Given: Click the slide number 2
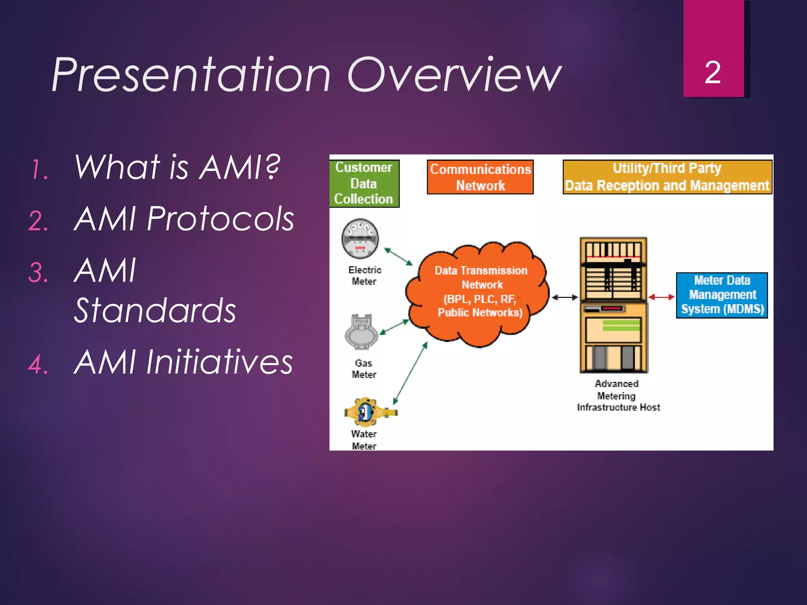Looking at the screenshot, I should tap(712, 72).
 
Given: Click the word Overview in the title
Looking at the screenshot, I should tap(454, 75).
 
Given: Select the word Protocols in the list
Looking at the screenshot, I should tap(220, 219).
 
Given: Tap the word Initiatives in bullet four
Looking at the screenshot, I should tap(219, 362).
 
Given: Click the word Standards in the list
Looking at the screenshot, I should tap(154, 310).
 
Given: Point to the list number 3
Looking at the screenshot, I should tap(38, 272).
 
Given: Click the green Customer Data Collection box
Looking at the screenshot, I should tap(364, 183).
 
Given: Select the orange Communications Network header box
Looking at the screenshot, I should tap(480, 177).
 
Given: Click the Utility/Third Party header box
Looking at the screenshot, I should tap(667, 177).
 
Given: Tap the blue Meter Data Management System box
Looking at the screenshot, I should tap(722, 295).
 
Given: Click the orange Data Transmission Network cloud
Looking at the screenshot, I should tap(478, 293).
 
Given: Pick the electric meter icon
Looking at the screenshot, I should tap(360, 238).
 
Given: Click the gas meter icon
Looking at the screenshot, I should tap(361, 332).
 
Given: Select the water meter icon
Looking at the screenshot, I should tap(366, 412).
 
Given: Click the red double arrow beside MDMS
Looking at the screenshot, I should tap(662, 297).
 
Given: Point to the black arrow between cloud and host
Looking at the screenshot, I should tap(565, 297).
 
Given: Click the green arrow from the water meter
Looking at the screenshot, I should tap(410, 373).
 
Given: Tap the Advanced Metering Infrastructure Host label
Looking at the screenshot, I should tap(618, 395).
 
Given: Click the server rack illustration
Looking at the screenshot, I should tap(613, 305).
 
